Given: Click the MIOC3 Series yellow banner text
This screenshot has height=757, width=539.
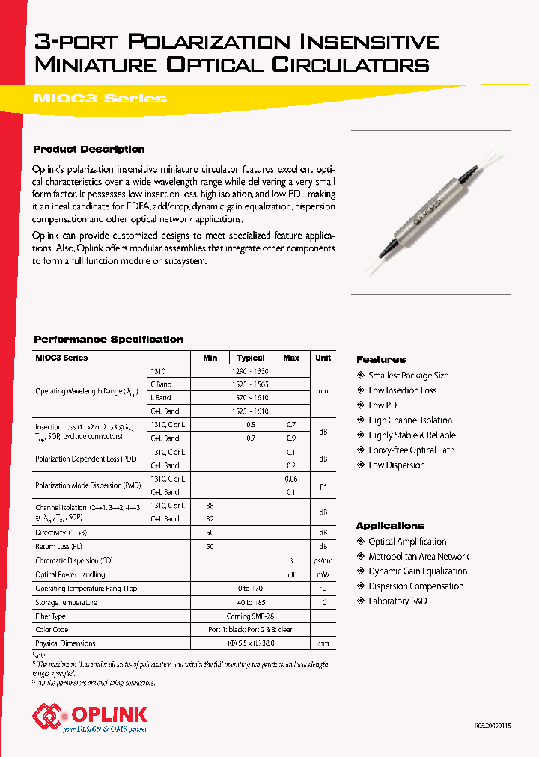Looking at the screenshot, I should pos(100,99).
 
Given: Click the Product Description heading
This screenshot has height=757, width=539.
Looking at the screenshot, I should pos(89,149).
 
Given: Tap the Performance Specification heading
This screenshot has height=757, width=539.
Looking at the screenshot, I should pos(109,339).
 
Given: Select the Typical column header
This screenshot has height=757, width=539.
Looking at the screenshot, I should pos(251,358).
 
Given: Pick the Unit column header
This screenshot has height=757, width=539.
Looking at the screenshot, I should pos(323,358).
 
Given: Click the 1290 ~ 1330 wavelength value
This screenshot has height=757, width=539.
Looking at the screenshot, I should pos(251,371).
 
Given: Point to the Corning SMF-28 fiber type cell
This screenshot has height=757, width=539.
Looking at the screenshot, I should pos(251,616).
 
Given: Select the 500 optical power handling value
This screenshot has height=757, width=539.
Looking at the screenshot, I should pos(291,574).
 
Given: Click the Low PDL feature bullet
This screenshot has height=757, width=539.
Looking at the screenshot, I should pos(385,405).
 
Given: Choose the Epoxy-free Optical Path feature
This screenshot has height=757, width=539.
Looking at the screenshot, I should pos(411,450).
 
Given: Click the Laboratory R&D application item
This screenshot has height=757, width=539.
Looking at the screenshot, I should pos(398,601).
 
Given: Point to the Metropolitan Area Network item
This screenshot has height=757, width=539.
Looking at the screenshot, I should pos(418,557).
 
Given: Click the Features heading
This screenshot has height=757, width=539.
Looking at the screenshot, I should pos(381,360).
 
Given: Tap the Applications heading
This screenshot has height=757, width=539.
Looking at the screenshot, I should pos(390,526).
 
